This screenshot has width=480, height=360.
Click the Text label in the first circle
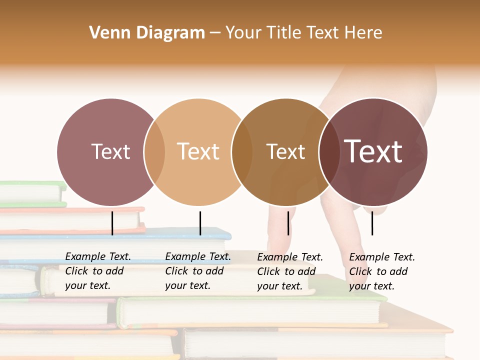pos(110,151)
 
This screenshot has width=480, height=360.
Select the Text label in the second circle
pos(198,151)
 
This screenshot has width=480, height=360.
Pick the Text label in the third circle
pos(285,151)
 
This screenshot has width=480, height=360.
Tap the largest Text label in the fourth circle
pos(373,151)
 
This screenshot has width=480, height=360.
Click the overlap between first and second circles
pos(154,152)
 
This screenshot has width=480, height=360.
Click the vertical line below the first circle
pos(112,223)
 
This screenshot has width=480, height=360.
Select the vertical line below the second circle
pos(200,223)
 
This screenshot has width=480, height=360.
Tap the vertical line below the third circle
pos(288,223)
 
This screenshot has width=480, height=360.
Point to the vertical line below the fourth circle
pos(372,223)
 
